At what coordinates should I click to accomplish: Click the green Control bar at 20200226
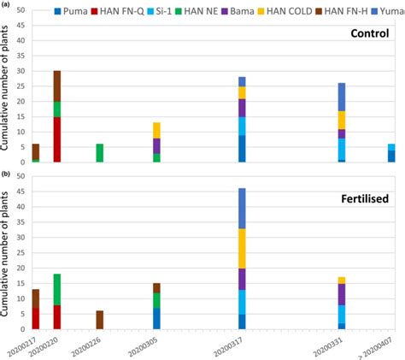(99, 152)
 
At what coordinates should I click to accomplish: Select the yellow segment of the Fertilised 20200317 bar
(243, 248)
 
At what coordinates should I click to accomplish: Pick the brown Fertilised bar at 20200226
(99, 320)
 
